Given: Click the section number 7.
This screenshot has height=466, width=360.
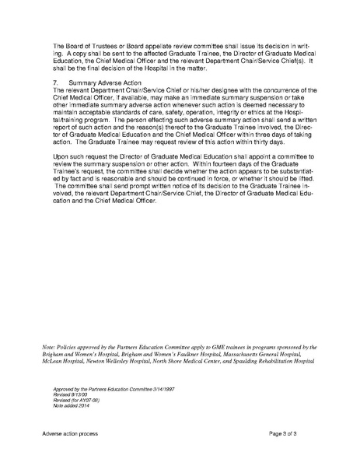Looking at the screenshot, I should coord(54,81).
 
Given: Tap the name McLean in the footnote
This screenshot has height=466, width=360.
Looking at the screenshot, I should coord(61,381).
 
